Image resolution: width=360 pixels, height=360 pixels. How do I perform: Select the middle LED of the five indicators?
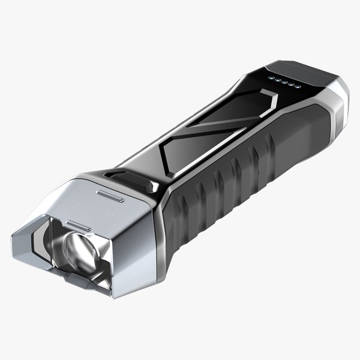coord(284,83)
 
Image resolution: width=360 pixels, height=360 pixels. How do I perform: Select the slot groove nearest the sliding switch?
coord(110,196)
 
